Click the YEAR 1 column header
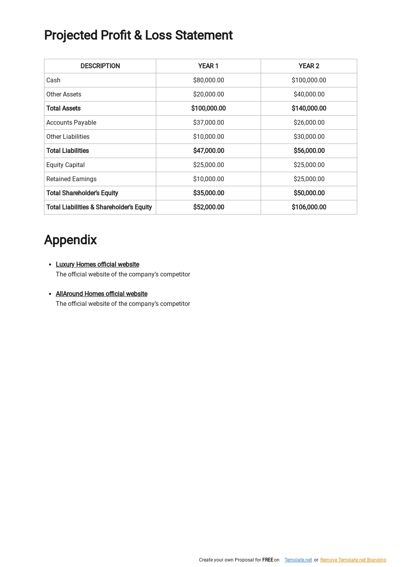tap(208, 66)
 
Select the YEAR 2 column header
tap(309, 66)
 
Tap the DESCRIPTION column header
tap(100, 66)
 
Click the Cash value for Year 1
tap(208, 80)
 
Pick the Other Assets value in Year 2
tap(309, 94)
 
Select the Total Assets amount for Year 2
tap(309, 108)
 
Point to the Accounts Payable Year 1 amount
tap(208, 122)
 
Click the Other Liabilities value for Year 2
tap(309, 136)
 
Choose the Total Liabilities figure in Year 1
tap(208, 151)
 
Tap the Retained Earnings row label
tap(71, 179)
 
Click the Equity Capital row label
tap(66, 165)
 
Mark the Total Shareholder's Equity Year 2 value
tap(309, 193)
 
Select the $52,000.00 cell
tap(208, 207)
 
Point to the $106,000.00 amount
tap(309, 207)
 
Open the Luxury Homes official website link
tap(97, 264)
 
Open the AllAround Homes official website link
tap(101, 294)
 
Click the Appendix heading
tap(70, 240)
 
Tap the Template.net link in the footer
tap(298, 560)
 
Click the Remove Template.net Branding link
tap(353, 560)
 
